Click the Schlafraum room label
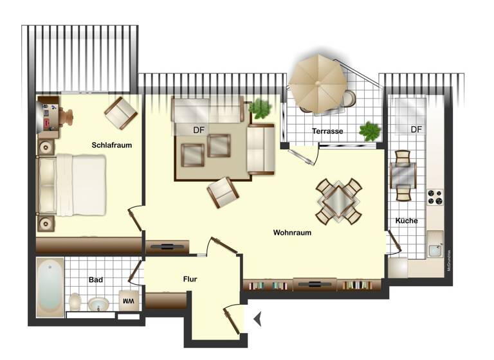(x=111, y=145)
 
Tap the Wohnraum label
(x=292, y=233)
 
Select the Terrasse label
(x=327, y=131)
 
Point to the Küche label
(x=407, y=221)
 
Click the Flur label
(x=190, y=279)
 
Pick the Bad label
(x=96, y=280)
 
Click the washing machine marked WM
(x=128, y=301)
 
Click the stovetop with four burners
(x=435, y=197)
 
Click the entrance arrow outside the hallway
(x=257, y=318)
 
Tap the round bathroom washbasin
(x=98, y=303)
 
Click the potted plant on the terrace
(x=370, y=131)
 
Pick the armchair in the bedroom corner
(x=121, y=113)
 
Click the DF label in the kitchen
(x=417, y=129)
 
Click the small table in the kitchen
(x=403, y=175)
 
